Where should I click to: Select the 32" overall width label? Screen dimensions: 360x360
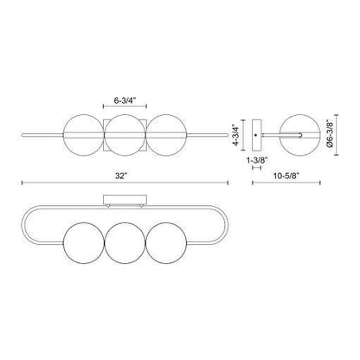click(x=124, y=176)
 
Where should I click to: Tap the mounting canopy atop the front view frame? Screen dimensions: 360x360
click(x=124, y=201)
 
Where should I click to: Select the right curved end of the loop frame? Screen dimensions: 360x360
click(x=223, y=228)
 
